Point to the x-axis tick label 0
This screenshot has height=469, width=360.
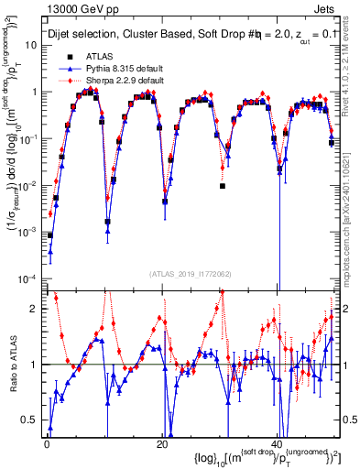[47, 443]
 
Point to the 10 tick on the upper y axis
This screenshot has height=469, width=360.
[33, 44]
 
